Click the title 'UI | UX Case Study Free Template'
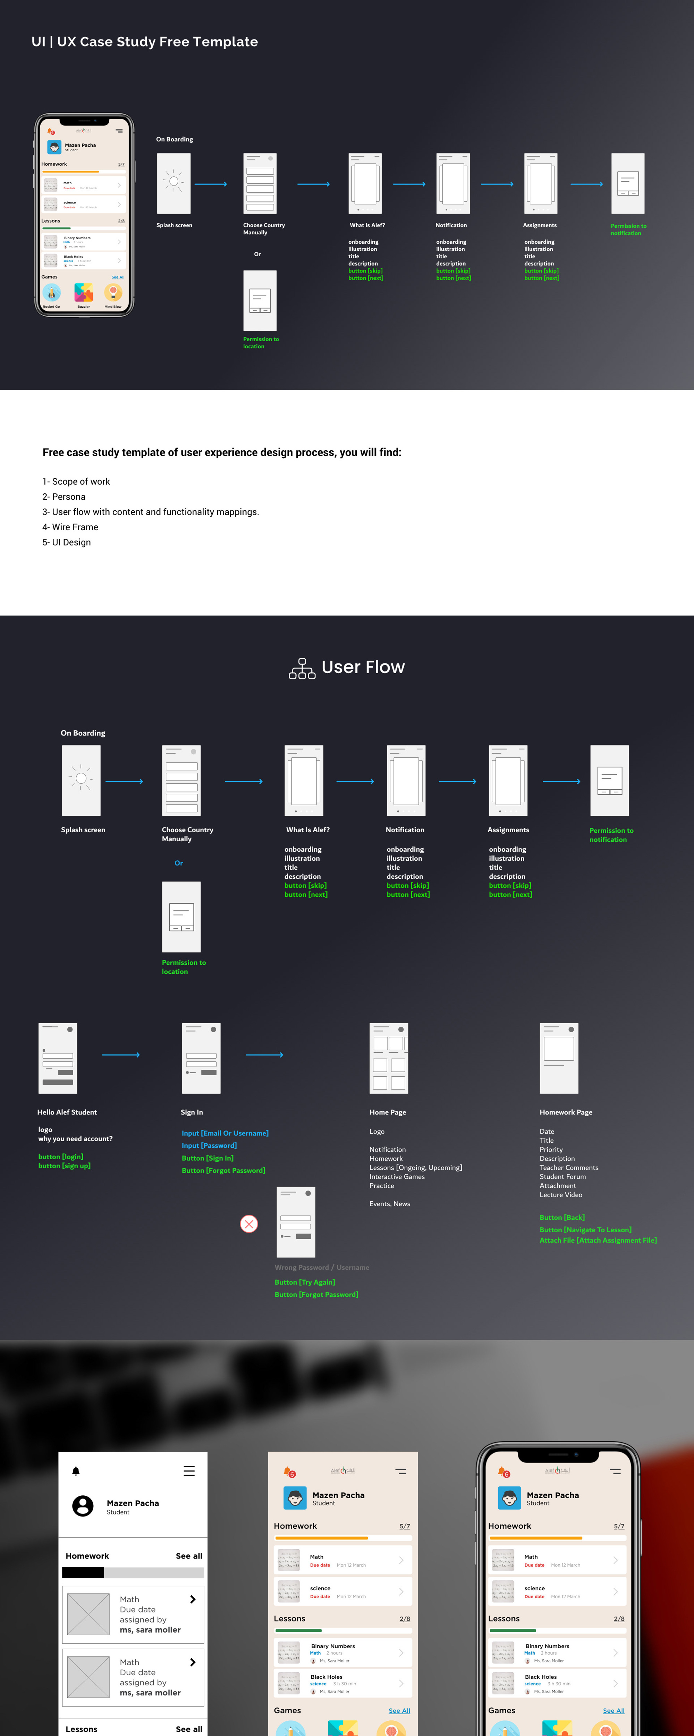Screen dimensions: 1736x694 (x=144, y=42)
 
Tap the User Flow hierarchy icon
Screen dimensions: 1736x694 (x=302, y=668)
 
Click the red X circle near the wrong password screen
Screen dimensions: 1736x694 (x=249, y=1223)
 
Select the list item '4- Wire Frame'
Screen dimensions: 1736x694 (x=70, y=527)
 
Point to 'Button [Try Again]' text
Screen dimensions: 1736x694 (x=305, y=1282)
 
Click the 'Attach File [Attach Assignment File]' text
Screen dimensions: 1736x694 (x=598, y=1240)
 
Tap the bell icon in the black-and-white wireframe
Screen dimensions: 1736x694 (x=76, y=1471)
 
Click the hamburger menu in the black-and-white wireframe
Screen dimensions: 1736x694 (x=189, y=1471)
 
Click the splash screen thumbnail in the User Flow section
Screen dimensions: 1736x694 (x=81, y=781)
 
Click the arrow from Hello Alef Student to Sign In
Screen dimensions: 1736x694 (x=121, y=1055)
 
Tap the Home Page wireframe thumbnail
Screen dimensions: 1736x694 (x=389, y=1058)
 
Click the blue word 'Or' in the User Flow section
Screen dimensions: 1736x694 (x=179, y=862)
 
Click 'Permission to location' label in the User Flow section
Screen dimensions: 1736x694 (x=183, y=966)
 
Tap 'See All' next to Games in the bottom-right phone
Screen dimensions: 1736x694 (x=613, y=1710)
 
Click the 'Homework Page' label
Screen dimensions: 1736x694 (x=565, y=1112)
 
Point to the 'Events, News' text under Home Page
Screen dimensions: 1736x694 (x=389, y=1204)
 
